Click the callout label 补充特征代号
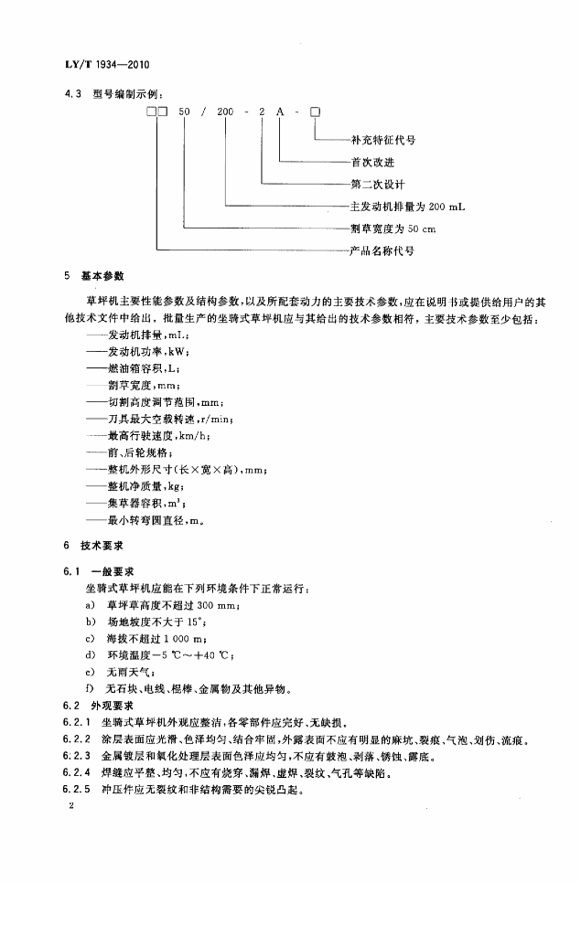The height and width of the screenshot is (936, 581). click(383, 141)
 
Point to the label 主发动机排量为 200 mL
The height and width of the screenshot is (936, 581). click(408, 207)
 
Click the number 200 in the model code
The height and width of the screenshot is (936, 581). click(225, 112)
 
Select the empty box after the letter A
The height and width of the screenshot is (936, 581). click(315, 112)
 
